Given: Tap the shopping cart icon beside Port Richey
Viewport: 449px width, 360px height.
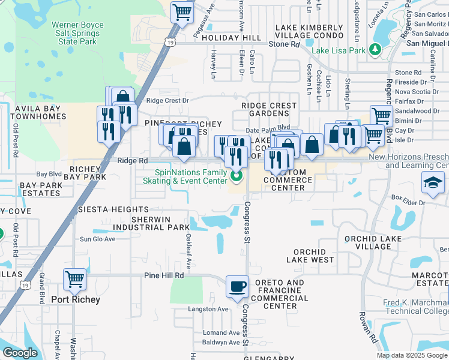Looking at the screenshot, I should pos(74,279).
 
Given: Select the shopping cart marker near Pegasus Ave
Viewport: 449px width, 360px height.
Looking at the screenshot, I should pos(182,11).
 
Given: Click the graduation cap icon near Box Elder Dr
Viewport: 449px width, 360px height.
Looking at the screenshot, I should pos(433,182).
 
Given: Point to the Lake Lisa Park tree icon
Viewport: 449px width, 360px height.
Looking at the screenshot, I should pos(376,50).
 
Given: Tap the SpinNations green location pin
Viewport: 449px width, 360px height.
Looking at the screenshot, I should pos(237,176).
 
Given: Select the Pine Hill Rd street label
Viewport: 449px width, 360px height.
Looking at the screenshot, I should pos(163,275).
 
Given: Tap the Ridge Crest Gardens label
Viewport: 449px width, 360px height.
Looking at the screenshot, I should pos(269,109).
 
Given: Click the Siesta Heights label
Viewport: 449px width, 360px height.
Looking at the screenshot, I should pos(113,209).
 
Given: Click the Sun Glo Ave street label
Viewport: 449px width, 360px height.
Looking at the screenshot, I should pos(97,239).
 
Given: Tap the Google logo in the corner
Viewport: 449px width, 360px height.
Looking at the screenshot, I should pos(20,353).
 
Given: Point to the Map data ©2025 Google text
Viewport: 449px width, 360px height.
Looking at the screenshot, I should pos(411,355).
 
